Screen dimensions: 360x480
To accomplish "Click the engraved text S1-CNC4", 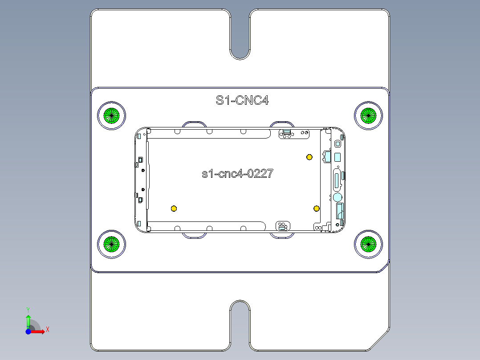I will pos(242,100).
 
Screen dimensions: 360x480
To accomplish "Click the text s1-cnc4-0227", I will pos(237,174).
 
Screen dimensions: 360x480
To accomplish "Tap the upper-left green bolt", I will pos(111,115).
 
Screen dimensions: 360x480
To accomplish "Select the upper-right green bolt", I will pos(368,115).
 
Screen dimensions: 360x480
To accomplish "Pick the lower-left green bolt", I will pos(111,244).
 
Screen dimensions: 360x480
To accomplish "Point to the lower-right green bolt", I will pos(368,243).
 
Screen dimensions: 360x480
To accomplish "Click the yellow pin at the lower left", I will pos(174,209).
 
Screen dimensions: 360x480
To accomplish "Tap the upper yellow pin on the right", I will pos(309,157).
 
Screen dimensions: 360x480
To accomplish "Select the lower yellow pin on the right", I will pos(316,209).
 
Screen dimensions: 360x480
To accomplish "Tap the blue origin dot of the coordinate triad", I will pos(28,331).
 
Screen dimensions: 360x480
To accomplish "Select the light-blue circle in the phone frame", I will pos(338,197).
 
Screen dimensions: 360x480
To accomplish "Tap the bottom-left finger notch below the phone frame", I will pos(194,235).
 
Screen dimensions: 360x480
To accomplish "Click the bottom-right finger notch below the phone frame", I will pos(282,235).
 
